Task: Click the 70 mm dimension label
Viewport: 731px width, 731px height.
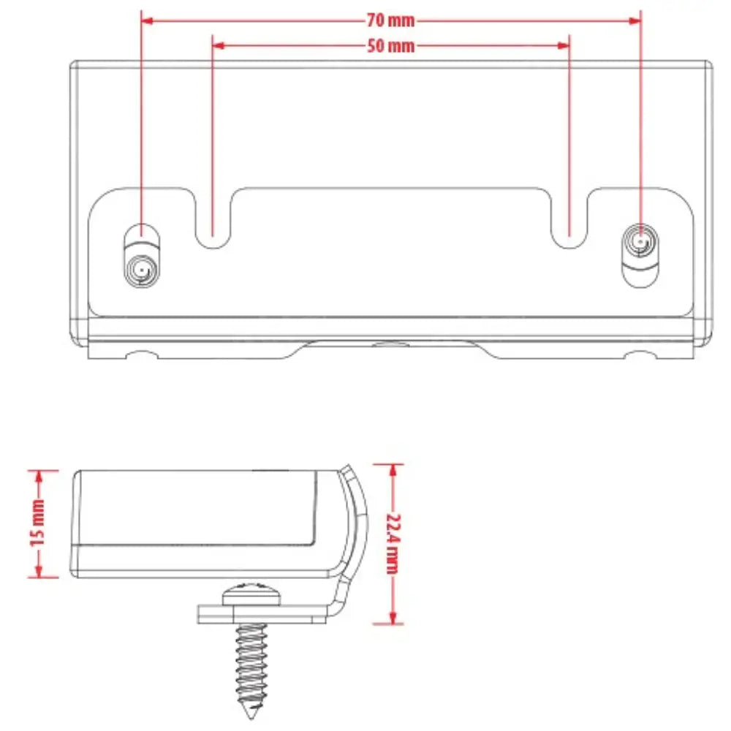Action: click(x=390, y=20)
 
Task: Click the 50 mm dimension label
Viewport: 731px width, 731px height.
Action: click(x=390, y=46)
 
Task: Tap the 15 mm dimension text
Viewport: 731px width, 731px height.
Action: click(x=37, y=523)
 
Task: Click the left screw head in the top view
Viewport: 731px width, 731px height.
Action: click(x=141, y=272)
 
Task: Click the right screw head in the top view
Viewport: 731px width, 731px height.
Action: click(x=640, y=240)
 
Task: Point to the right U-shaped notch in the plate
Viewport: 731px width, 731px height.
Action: click(x=569, y=219)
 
